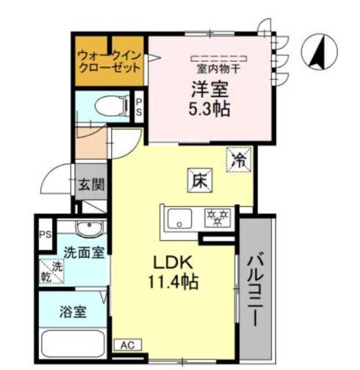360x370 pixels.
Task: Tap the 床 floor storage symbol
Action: coord(199,182)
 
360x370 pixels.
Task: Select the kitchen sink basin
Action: coord(179,219)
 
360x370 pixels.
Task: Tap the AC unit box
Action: coord(127,345)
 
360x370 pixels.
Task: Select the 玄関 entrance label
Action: coord(92,186)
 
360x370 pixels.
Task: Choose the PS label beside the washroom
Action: coord(45,235)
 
